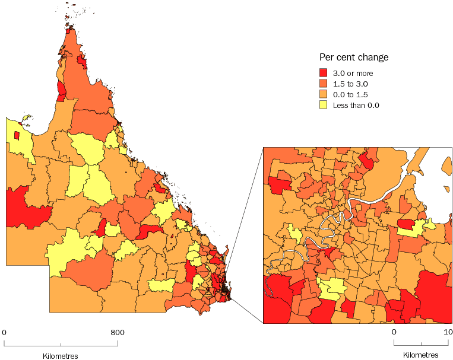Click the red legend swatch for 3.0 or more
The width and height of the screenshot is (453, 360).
pos(324,74)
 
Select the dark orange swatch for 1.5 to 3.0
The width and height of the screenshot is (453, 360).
pos(324,84)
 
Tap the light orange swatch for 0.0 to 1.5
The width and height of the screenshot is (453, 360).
pos(324,94)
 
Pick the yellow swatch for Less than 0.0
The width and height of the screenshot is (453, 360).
pos(324,105)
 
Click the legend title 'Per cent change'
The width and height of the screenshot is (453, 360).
pos(354,58)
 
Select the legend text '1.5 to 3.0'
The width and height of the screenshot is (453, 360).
pos(350,84)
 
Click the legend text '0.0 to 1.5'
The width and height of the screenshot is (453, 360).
pos(350,94)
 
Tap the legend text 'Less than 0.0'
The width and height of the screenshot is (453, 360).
pos(356,105)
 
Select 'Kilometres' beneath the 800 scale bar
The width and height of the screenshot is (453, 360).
pos(61,356)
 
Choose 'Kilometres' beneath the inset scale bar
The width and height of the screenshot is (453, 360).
pos(421,355)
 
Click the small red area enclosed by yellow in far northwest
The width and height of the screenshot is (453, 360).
pos(17,136)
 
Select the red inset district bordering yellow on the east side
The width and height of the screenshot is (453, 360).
pos(406,224)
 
